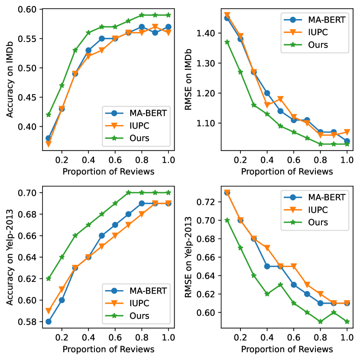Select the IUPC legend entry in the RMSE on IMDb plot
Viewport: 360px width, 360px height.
[310, 32]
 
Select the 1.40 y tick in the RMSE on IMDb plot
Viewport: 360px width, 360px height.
[208, 33]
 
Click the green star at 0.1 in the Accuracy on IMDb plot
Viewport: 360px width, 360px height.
[49, 115]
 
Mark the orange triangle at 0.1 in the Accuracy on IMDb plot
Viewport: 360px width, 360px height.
[49, 144]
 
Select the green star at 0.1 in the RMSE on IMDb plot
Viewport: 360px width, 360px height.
[227, 42]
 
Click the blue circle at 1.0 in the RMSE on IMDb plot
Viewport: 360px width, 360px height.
[347, 141]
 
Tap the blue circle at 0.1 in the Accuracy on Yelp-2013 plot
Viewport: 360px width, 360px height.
[49, 322]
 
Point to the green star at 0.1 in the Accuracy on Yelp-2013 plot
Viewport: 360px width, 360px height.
[49, 278]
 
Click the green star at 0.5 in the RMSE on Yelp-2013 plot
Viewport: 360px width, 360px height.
[280, 285]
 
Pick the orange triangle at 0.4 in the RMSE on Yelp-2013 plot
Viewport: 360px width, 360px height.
[267, 248]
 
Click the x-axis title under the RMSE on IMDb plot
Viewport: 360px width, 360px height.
[287, 171]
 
